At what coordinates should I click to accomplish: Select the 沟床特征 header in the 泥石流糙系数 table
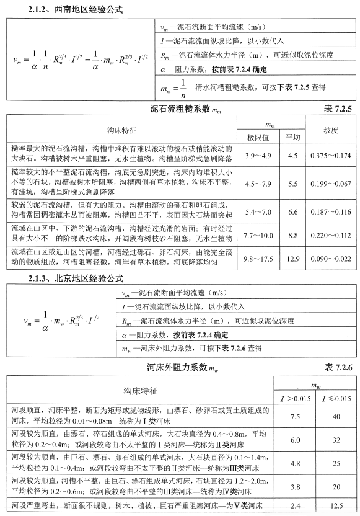pyautogui.click(x=121, y=131)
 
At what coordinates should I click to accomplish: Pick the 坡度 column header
pyautogui.click(x=330, y=131)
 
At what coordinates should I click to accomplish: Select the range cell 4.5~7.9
pyautogui.click(x=257, y=184)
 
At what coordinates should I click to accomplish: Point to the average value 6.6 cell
pyautogui.click(x=292, y=211)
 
